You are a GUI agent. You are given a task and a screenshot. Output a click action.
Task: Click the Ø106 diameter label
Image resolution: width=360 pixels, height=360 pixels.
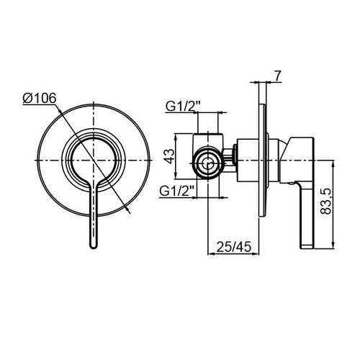coord(40,98)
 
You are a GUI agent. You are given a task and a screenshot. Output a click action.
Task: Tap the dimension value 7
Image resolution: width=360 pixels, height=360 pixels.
coord(277,76)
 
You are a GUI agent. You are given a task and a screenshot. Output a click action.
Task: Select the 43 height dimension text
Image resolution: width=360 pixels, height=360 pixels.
coord(170,156)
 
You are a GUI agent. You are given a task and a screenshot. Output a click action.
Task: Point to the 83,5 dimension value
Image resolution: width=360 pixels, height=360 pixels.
coord(325,201)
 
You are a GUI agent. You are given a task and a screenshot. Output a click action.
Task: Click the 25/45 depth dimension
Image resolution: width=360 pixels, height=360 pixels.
coord(234,246)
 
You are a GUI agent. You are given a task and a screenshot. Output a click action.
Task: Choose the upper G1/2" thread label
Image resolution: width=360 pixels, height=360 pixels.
coord(183,107)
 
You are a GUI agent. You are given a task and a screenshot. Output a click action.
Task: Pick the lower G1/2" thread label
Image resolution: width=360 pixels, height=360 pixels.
coord(177,192)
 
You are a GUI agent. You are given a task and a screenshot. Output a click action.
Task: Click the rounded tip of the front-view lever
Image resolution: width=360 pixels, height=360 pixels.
coord(94,247)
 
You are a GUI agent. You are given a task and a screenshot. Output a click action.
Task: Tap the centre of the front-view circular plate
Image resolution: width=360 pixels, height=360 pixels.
coord(94,160)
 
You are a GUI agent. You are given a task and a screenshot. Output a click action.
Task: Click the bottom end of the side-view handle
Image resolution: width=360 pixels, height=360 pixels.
coord(307,247)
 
